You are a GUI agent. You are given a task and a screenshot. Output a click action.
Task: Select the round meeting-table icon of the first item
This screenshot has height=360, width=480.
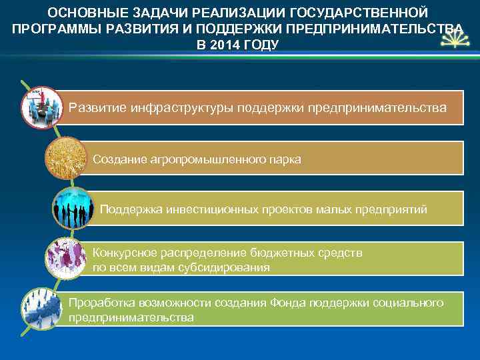coord(41,107)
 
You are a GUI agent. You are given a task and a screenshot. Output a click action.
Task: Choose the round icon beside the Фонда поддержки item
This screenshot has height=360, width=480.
coord(41,309)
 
